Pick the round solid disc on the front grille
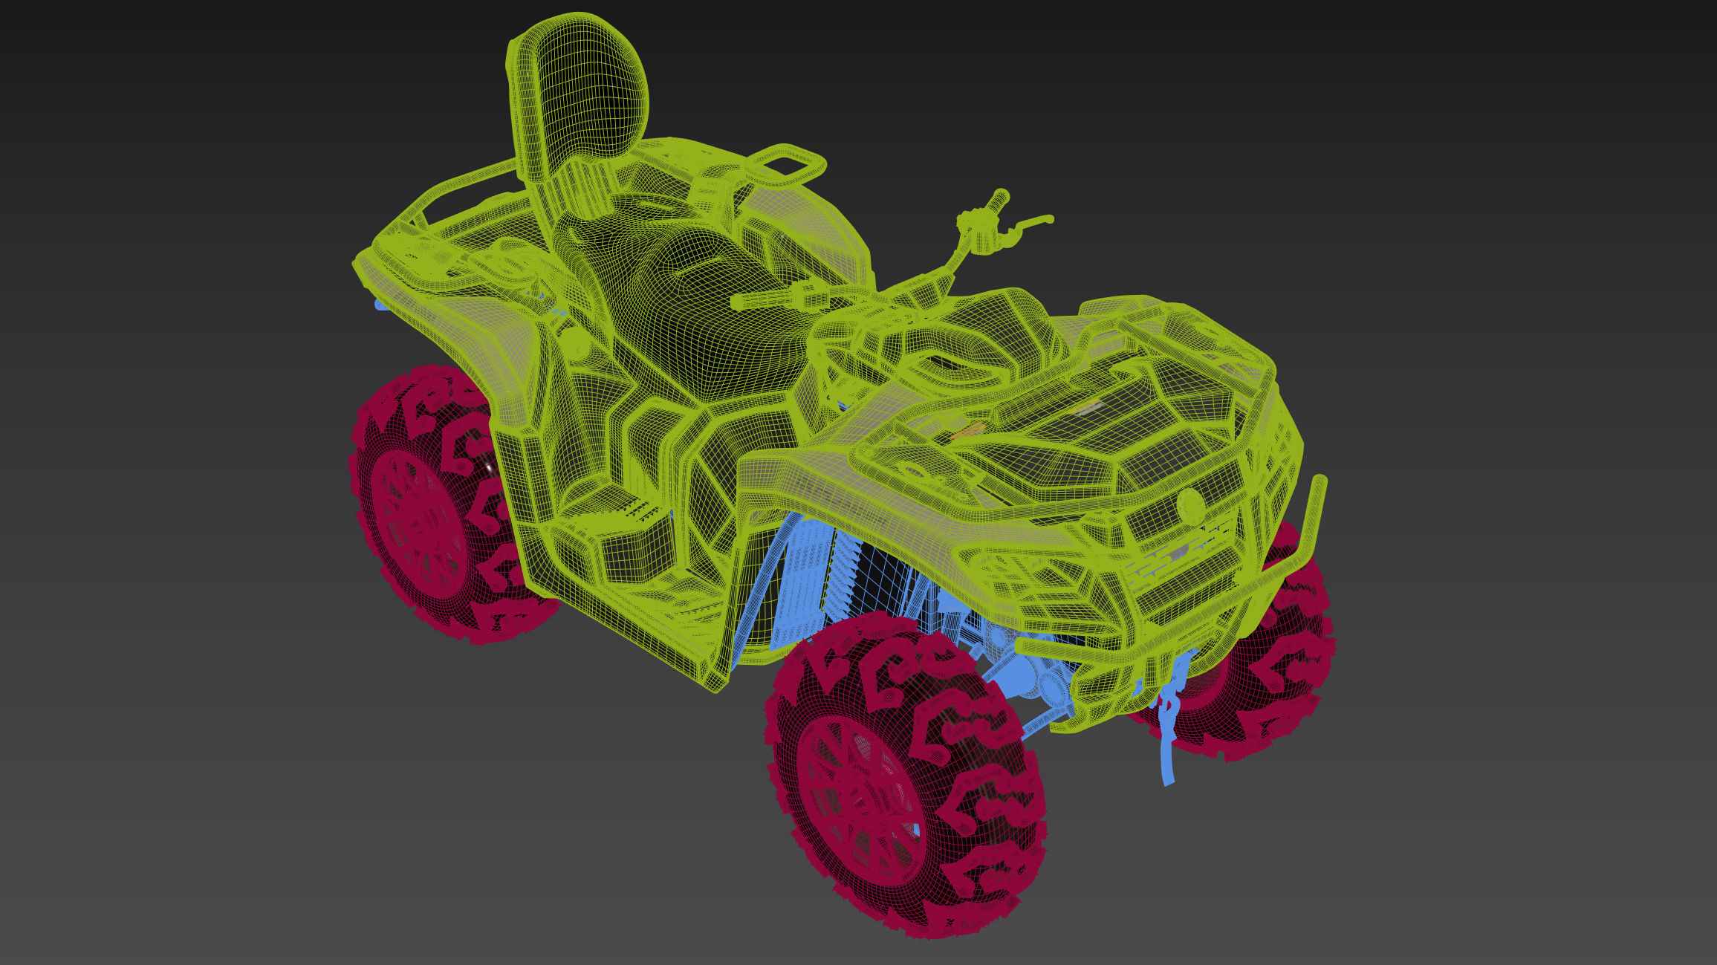click(1190, 505)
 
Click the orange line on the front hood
click(966, 431)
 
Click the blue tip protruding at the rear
click(380, 305)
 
